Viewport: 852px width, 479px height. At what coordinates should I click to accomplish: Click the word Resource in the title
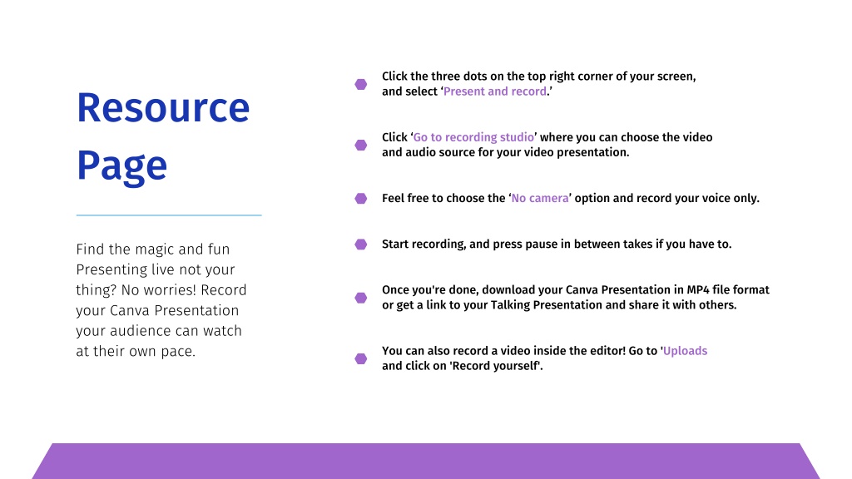pyautogui.click(x=163, y=107)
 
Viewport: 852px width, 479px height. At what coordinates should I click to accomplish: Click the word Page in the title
pyautogui.click(x=121, y=166)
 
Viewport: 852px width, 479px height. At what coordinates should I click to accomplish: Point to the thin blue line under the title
pyautogui.click(x=169, y=215)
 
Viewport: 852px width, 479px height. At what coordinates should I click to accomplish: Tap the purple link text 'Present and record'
pyautogui.click(x=495, y=91)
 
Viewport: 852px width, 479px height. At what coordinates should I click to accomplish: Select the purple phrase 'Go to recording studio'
pyautogui.click(x=473, y=137)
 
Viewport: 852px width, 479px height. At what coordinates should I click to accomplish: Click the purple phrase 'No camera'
pyautogui.click(x=540, y=198)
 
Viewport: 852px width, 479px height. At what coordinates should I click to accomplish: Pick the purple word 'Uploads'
pyautogui.click(x=686, y=351)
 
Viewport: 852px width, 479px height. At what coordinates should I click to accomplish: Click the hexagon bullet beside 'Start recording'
pyautogui.click(x=361, y=244)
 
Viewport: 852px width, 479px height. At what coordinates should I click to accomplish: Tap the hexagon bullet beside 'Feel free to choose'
pyautogui.click(x=361, y=198)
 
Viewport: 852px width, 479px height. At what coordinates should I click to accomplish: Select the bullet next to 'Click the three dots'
pyautogui.click(x=361, y=84)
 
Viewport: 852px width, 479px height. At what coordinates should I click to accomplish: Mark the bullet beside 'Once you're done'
pyautogui.click(x=361, y=298)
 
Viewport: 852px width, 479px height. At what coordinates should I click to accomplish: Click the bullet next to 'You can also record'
pyautogui.click(x=361, y=358)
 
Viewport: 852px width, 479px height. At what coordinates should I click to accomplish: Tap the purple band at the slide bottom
pyautogui.click(x=426, y=461)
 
